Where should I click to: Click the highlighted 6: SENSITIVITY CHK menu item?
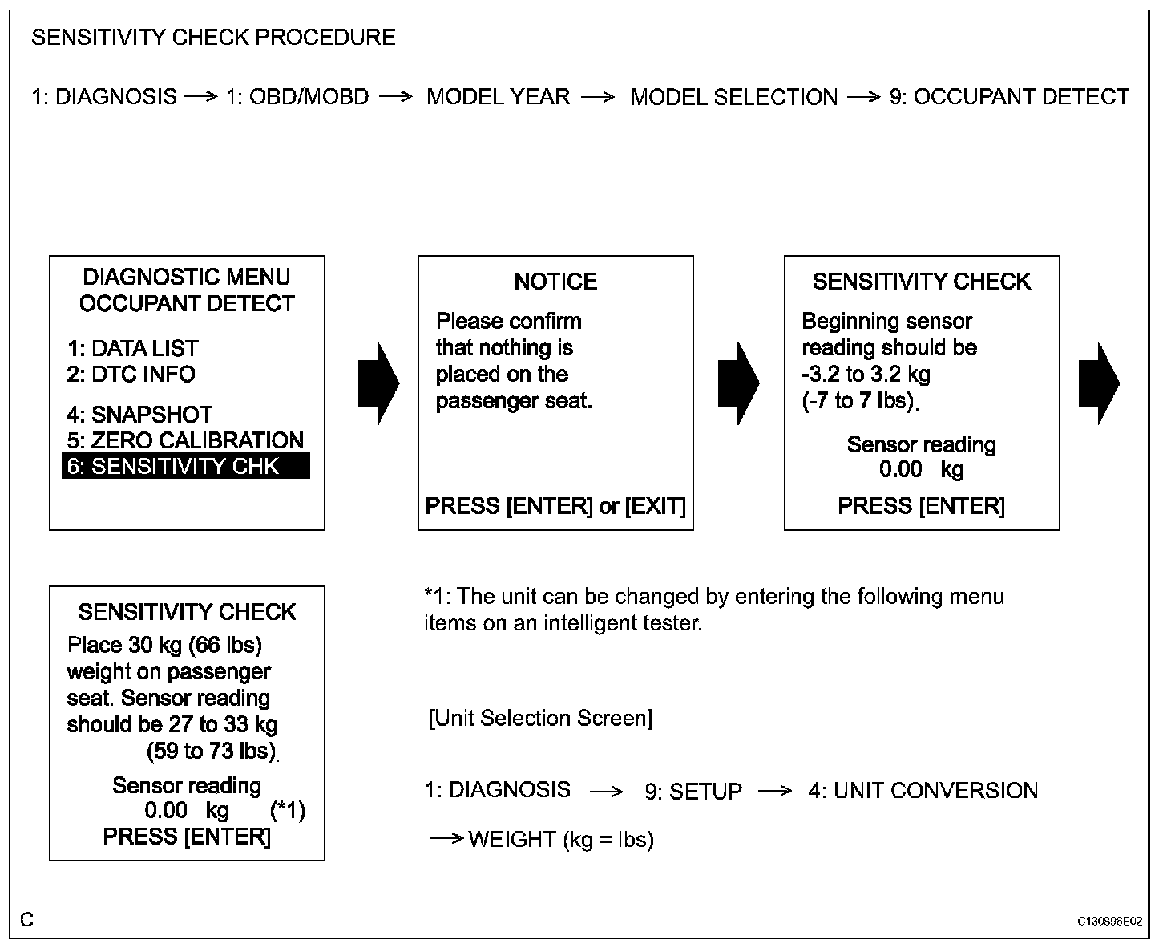(185, 466)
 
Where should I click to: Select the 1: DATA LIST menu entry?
(132, 348)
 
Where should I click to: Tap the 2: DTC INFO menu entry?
(131, 374)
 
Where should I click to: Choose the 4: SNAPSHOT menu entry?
(139, 414)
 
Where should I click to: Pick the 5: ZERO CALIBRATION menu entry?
(185, 440)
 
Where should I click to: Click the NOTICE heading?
(555, 282)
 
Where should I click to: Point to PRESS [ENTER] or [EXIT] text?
(555, 506)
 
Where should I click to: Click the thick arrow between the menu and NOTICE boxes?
(378, 383)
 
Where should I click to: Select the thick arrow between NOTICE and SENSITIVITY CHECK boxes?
(738, 383)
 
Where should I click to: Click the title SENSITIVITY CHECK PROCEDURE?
(213, 38)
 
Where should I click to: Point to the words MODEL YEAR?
(498, 97)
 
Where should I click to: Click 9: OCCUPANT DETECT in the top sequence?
(1009, 97)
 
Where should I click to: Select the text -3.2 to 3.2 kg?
(866, 374)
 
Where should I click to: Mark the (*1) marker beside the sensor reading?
(288, 811)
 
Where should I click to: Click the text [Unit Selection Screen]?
(541, 718)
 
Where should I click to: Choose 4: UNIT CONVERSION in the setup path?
(923, 791)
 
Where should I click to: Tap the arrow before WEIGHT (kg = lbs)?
(446, 839)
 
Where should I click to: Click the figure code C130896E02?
(1110, 922)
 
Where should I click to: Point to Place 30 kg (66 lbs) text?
(164, 645)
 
